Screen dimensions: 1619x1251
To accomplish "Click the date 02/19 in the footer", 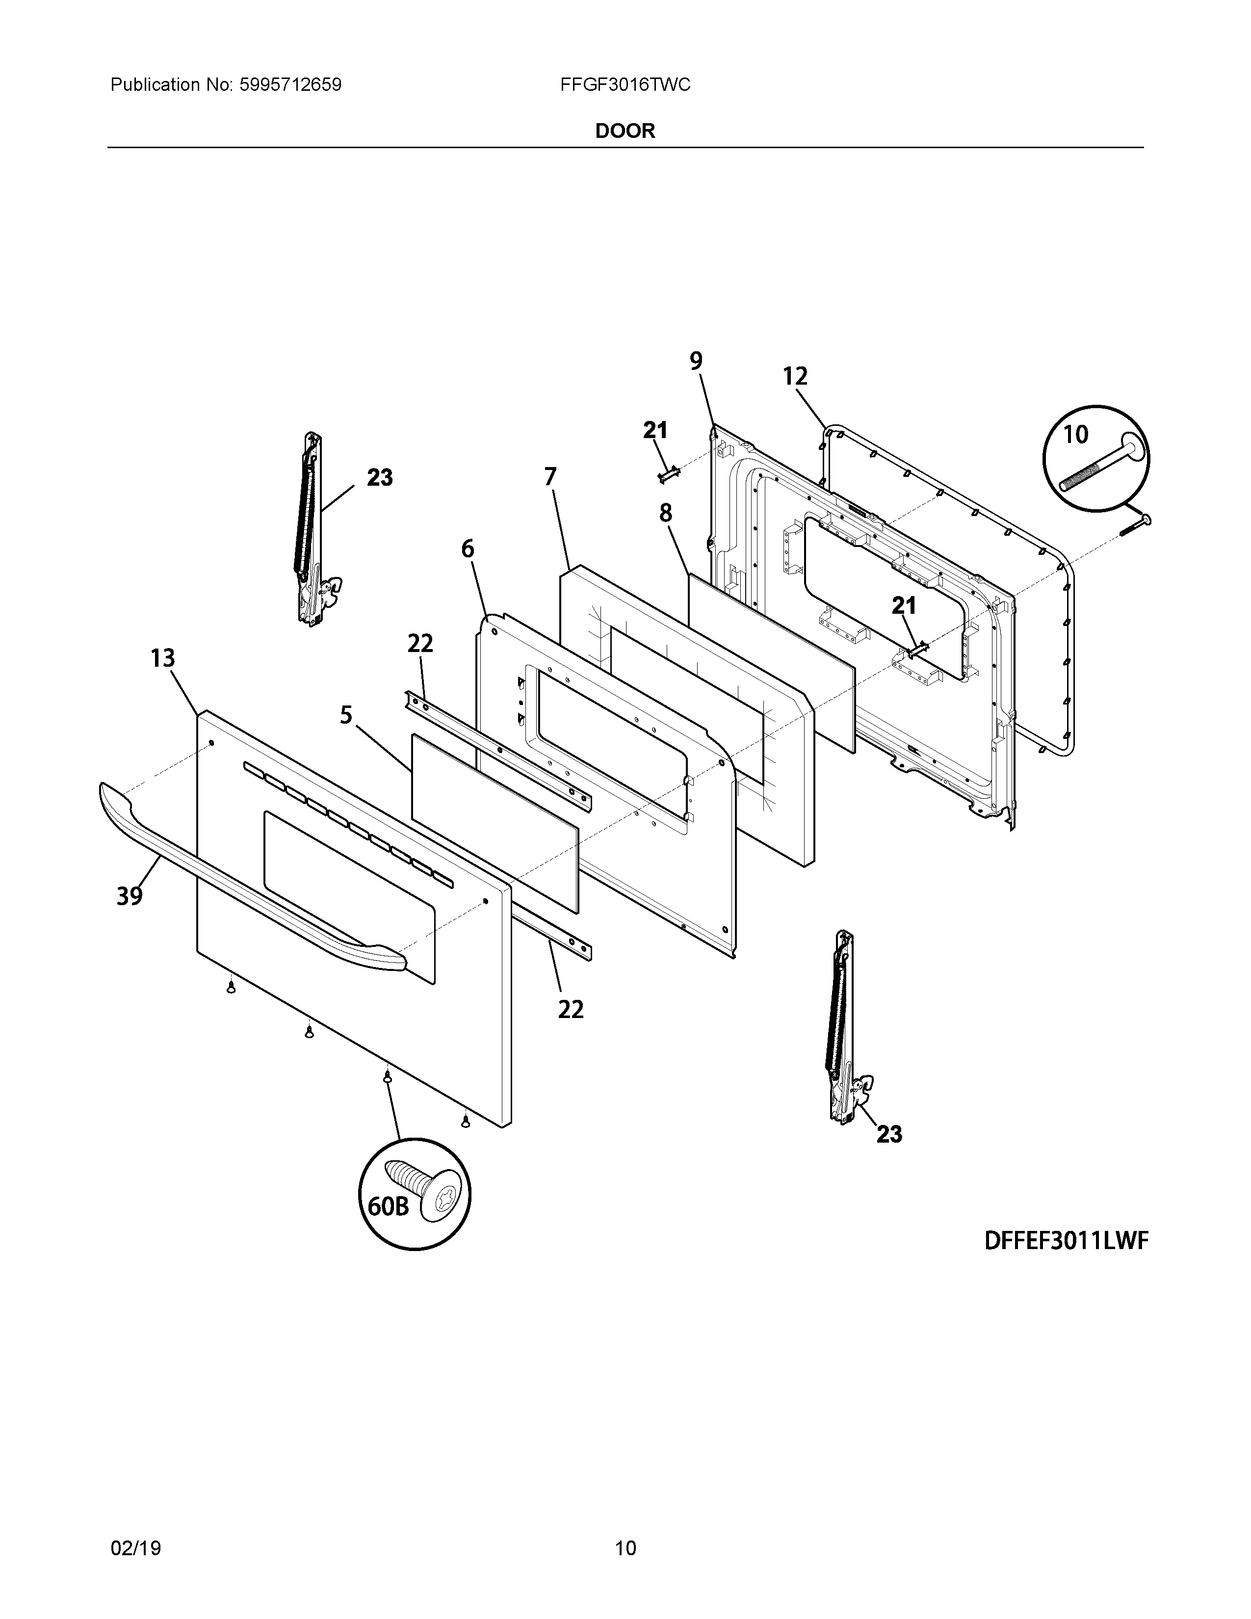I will click(x=135, y=1528).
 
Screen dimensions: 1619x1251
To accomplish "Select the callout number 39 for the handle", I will click(x=130, y=896).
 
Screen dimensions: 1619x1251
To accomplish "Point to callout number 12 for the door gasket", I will click(x=795, y=377).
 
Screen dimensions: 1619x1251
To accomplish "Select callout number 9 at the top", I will click(x=696, y=361).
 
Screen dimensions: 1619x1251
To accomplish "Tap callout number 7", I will click(x=550, y=477).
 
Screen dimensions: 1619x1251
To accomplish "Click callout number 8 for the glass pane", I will click(x=666, y=513).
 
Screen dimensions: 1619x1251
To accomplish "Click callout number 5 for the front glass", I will click(x=346, y=715).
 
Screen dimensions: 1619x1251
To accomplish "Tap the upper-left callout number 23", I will click(x=379, y=477).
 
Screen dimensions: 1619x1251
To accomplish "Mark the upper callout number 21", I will click(x=655, y=430).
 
